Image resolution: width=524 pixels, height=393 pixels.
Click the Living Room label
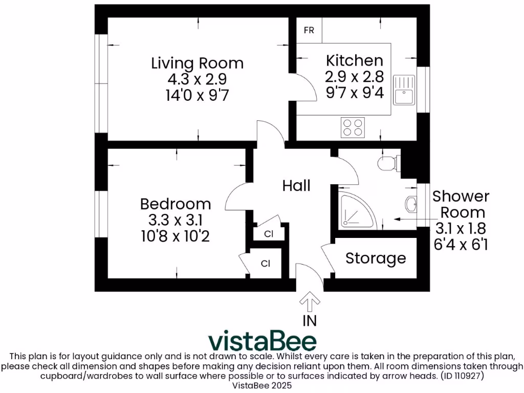pyautogui.click(x=197, y=63)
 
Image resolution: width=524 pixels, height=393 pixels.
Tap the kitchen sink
pyautogui.click(x=404, y=90)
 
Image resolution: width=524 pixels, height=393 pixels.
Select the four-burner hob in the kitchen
pyautogui.click(x=353, y=127)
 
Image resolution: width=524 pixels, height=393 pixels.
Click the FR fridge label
pyautogui.click(x=309, y=31)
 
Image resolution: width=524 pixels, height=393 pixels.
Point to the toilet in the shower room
pyautogui.click(x=387, y=163)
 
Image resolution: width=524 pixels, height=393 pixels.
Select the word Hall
pyautogui.click(x=296, y=185)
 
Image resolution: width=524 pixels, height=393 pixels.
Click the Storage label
pyautogui.click(x=376, y=258)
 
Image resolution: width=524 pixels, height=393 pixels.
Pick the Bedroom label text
pyautogui.click(x=176, y=204)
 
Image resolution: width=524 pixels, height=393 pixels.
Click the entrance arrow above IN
pyautogui.click(x=309, y=301)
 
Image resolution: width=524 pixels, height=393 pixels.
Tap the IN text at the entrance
pyautogui.click(x=309, y=321)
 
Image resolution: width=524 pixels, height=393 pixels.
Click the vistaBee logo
pyautogui.click(x=262, y=341)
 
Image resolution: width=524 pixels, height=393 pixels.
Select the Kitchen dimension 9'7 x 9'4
pyautogui.click(x=355, y=93)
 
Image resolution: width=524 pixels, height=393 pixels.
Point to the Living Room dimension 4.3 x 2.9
pyautogui.click(x=197, y=79)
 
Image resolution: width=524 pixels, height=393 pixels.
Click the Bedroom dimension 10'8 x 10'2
pyautogui.click(x=176, y=236)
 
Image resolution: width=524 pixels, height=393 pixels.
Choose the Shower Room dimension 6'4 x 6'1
pyautogui.click(x=461, y=245)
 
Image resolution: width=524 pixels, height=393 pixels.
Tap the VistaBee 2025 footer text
pyautogui.click(x=262, y=385)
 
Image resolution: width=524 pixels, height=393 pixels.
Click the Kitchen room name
pyautogui.click(x=355, y=60)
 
